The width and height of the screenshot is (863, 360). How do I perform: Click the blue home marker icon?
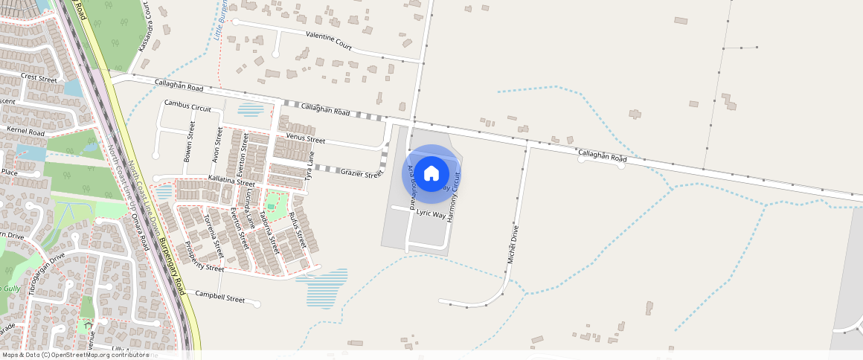[431, 173]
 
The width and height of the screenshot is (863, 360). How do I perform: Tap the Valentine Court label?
[328, 40]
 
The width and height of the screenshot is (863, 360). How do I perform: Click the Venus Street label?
[306, 139]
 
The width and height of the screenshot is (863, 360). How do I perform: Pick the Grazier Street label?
[362, 173]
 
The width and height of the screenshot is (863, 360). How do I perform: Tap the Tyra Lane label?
[309, 173]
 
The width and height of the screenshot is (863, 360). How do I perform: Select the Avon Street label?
[217, 145]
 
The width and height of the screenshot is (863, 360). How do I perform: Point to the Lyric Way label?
[431, 213]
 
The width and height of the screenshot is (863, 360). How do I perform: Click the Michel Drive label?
[512, 244]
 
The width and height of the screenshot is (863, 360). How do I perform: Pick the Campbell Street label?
[220, 298]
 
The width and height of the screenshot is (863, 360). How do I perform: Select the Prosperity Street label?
[204, 257]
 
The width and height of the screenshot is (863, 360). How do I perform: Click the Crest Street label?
[39, 77]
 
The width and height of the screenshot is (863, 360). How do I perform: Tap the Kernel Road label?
[25, 132]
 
